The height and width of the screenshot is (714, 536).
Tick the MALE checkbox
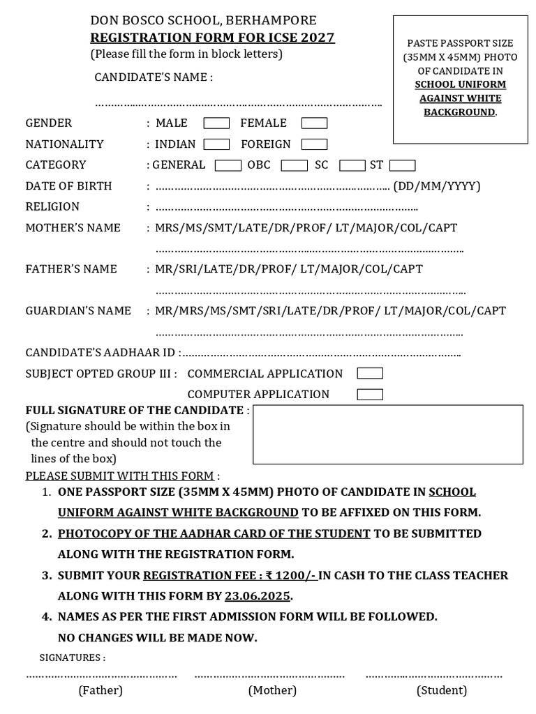pyautogui.click(x=216, y=123)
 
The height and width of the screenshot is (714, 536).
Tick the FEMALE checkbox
pyautogui.click(x=314, y=123)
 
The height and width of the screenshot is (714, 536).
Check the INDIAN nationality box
pyautogui.click(x=216, y=144)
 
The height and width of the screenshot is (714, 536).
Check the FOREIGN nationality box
pyautogui.click(x=314, y=144)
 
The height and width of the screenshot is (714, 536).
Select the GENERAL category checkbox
pyautogui.click(x=228, y=165)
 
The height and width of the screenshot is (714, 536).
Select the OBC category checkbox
pyautogui.click(x=294, y=165)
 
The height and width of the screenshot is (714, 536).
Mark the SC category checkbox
pyautogui.click(x=352, y=165)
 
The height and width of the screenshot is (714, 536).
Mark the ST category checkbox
pyautogui.click(x=402, y=165)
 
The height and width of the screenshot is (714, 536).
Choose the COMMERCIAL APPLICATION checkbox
pyautogui.click(x=370, y=374)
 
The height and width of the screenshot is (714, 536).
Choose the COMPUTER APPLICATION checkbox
pyautogui.click(x=370, y=395)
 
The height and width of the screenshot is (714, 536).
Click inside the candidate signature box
pyautogui.click(x=387, y=434)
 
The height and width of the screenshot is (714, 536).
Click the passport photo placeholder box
pyautogui.click(x=461, y=79)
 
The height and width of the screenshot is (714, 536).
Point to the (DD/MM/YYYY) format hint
pyautogui.click(x=437, y=186)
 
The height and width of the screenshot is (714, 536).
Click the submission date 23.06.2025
pyautogui.click(x=258, y=596)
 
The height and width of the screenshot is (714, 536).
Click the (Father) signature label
pyautogui.click(x=100, y=690)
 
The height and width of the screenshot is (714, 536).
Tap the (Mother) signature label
pyautogui.click(x=272, y=690)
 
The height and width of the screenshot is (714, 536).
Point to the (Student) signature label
pyautogui.click(x=442, y=690)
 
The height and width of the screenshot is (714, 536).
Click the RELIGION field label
pyautogui.click(x=52, y=207)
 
